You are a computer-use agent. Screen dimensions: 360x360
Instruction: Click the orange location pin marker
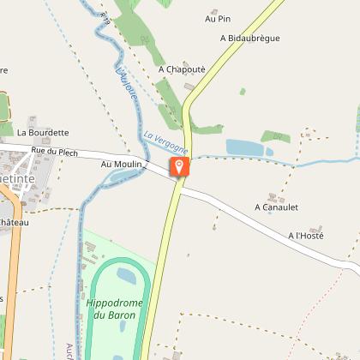pyautogui.click(x=178, y=166)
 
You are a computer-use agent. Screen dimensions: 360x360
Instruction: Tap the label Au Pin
pyautogui.click(x=219, y=18)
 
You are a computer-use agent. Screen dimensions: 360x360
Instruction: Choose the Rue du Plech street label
pyautogui.click(x=55, y=152)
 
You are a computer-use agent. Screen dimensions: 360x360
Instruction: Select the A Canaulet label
pyautogui.click(x=276, y=207)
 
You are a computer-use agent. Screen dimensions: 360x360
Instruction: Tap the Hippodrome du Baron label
pyautogui.click(x=114, y=309)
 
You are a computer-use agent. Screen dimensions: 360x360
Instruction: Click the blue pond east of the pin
pyautogui.click(x=255, y=148)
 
